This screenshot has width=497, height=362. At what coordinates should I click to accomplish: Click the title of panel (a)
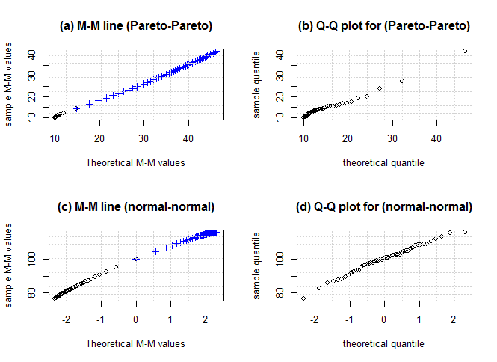(x=136, y=26)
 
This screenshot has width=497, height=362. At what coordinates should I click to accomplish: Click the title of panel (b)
(x=384, y=26)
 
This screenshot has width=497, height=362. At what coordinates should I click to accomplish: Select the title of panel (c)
(x=136, y=207)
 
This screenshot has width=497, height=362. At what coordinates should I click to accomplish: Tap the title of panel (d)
(x=384, y=207)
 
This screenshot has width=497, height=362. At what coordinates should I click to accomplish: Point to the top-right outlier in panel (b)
(x=465, y=51)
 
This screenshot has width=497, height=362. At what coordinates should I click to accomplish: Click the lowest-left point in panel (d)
(x=303, y=298)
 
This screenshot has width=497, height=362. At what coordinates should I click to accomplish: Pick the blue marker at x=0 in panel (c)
(x=136, y=259)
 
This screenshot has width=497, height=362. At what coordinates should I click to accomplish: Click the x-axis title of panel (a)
(x=135, y=162)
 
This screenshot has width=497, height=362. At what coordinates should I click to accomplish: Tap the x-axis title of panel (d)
(x=383, y=343)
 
